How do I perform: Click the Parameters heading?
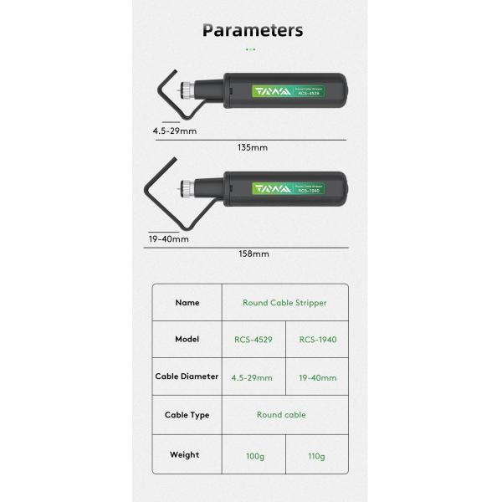click(253, 31)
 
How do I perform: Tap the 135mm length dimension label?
click(253, 147)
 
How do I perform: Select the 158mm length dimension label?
click(254, 254)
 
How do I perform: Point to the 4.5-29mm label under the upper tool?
click(175, 131)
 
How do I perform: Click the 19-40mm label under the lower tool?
click(169, 239)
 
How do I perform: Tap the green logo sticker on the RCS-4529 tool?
click(288, 91)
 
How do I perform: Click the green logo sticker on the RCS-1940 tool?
click(288, 188)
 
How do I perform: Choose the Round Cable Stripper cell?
click(284, 303)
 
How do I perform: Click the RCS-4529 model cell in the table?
click(254, 340)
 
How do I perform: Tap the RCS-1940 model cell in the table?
click(318, 340)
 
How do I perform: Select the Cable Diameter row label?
click(187, 376)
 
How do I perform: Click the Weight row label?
click(185, 455)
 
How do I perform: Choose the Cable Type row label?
click(187, 415)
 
